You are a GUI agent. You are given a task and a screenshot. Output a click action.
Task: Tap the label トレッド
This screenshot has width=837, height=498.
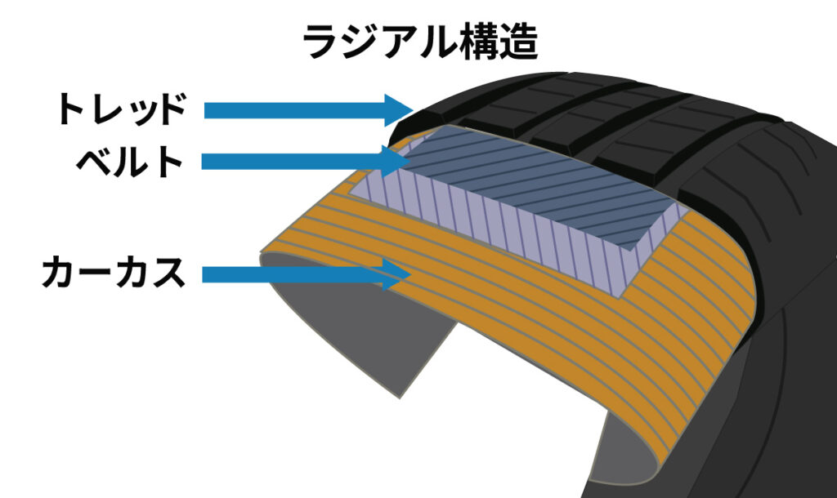tap(123, 109)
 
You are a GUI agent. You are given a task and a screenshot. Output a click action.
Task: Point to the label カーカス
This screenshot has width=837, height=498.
tap(114, 272)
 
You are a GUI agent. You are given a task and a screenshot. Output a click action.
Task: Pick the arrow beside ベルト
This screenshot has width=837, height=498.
tap(304, 161)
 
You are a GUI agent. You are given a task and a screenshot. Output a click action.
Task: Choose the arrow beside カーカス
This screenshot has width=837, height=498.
tap(307, 274)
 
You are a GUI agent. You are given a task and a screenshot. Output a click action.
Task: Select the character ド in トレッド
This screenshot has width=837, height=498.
tap(172, 109)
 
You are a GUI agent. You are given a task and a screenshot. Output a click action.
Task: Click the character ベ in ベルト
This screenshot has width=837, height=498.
tap(94, 161)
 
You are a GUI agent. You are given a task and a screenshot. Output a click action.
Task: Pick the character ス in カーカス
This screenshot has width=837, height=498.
tap(168, 273)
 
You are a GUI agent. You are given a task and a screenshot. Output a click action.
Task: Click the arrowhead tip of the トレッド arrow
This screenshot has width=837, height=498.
tap(414, 111)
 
